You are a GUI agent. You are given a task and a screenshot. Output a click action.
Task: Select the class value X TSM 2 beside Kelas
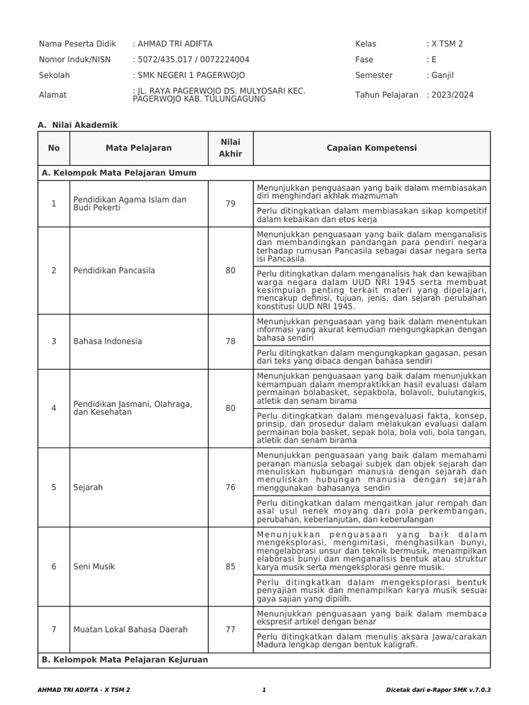coord(446,43)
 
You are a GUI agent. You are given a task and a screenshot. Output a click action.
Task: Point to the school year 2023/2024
coord(451,95)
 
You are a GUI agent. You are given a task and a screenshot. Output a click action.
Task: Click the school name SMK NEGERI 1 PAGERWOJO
coord(189,75)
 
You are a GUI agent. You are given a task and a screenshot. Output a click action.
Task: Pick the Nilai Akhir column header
coord(230,148)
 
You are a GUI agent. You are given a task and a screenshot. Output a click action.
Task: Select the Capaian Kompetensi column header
coord(372,148)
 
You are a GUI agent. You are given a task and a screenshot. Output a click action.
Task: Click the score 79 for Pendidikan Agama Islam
coord(230,203)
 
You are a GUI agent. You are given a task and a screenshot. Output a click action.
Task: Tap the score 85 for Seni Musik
coord(230,567)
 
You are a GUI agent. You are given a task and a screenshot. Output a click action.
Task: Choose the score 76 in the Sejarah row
coord(230,487)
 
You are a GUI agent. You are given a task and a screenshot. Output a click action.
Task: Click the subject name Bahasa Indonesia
coord(107,341)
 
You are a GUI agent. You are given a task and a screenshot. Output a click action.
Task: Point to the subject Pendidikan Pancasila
coord(114,271)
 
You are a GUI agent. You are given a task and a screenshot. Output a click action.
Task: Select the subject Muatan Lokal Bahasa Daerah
coord(130,629)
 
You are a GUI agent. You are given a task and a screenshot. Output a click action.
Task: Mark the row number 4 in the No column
coord(54,408)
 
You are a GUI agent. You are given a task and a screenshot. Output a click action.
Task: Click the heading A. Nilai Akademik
coord(79,125)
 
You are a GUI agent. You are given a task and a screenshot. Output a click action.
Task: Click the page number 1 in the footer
coord(264,689)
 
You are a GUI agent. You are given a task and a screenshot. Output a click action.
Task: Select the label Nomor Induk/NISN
coord(74,59)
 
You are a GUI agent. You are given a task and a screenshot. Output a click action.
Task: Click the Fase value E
coord(433,59)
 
